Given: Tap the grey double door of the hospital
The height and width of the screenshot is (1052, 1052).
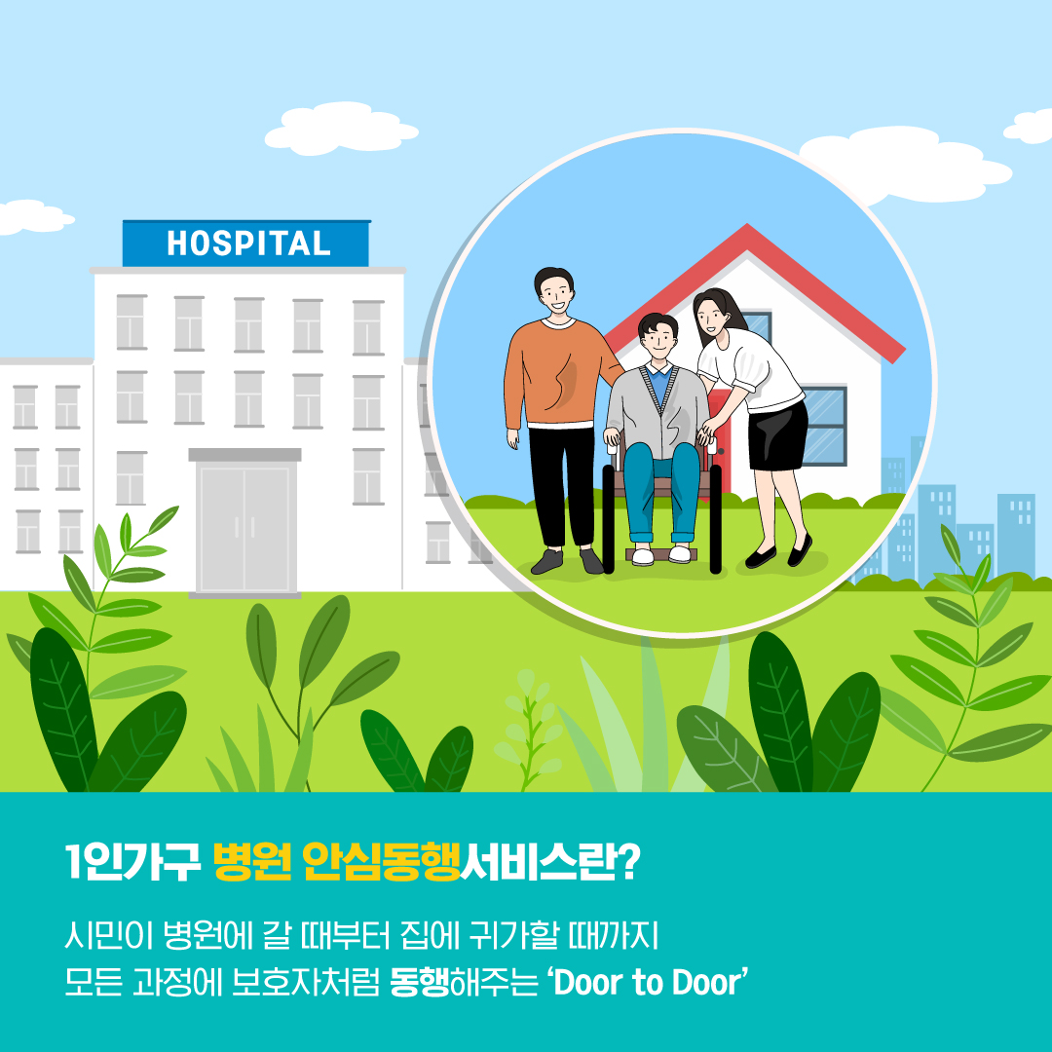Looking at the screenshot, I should [244, 526].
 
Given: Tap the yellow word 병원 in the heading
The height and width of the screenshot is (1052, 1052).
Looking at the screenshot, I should [251, 863].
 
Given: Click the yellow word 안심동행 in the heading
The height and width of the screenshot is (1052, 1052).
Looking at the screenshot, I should [380, 863].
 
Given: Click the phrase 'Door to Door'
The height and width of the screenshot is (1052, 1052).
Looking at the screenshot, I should [650, 982].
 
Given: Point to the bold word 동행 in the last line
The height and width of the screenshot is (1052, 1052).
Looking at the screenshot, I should [419, 982].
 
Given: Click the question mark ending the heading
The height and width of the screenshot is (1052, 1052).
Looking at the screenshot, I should [627, 863].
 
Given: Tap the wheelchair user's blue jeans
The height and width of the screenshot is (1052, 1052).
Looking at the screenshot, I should [662, 487].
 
